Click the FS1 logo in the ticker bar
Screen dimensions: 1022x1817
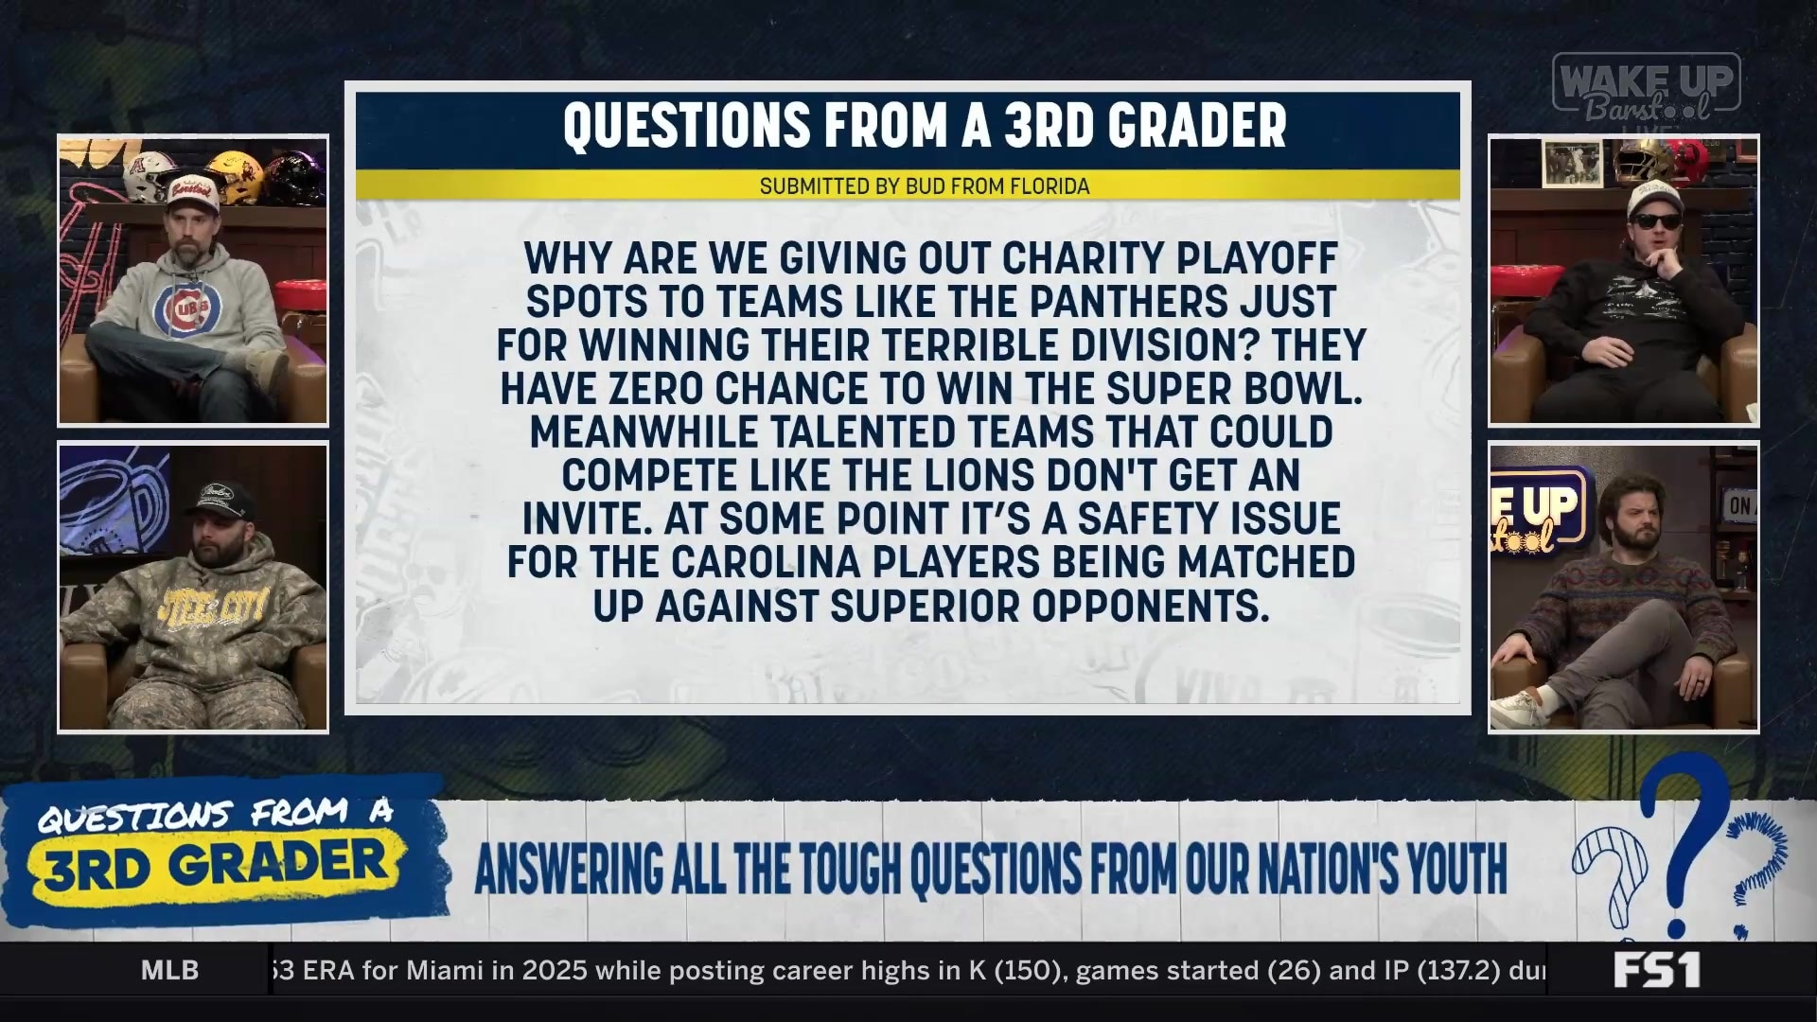coord(1656,970)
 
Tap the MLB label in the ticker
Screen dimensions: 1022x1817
coord(170,970)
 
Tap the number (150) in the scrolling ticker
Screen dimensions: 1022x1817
coord(1027,970)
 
